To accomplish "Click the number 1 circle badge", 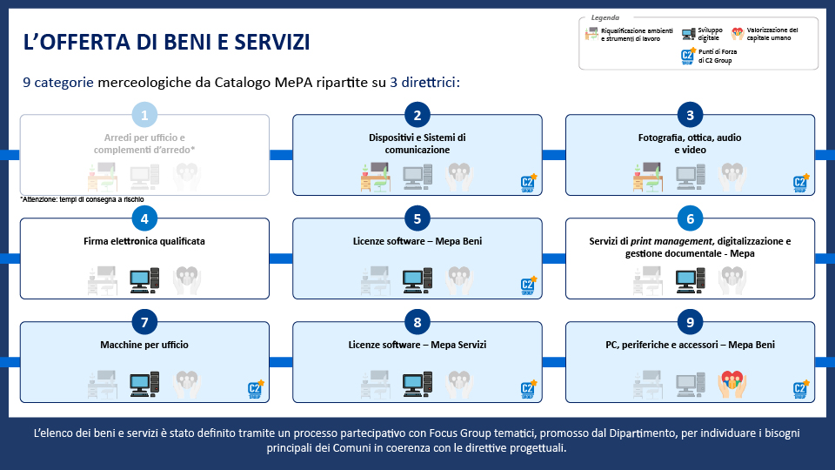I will click(x=144, y=115).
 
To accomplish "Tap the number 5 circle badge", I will click(x=417, y=218).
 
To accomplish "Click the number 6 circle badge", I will click(x=690, y=218).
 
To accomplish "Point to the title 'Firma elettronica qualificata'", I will click(x=144, y=241).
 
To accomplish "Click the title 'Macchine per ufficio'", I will click(x=144, y=346).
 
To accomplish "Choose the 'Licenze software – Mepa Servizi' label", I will click(x=417, y=346).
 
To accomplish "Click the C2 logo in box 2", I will click(x=528, y=183).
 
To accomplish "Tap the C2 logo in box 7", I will click(x=256, y=389).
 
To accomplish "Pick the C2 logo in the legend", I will click(x=688, y=57).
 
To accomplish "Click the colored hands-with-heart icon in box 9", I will click(x=731, y=384).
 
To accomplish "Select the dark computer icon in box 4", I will click(x=144, y=279).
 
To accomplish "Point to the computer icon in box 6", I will click(x=691, y=279).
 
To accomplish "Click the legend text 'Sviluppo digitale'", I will click(x=709, y=34).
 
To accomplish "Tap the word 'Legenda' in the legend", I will click(x=605, y=17).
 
